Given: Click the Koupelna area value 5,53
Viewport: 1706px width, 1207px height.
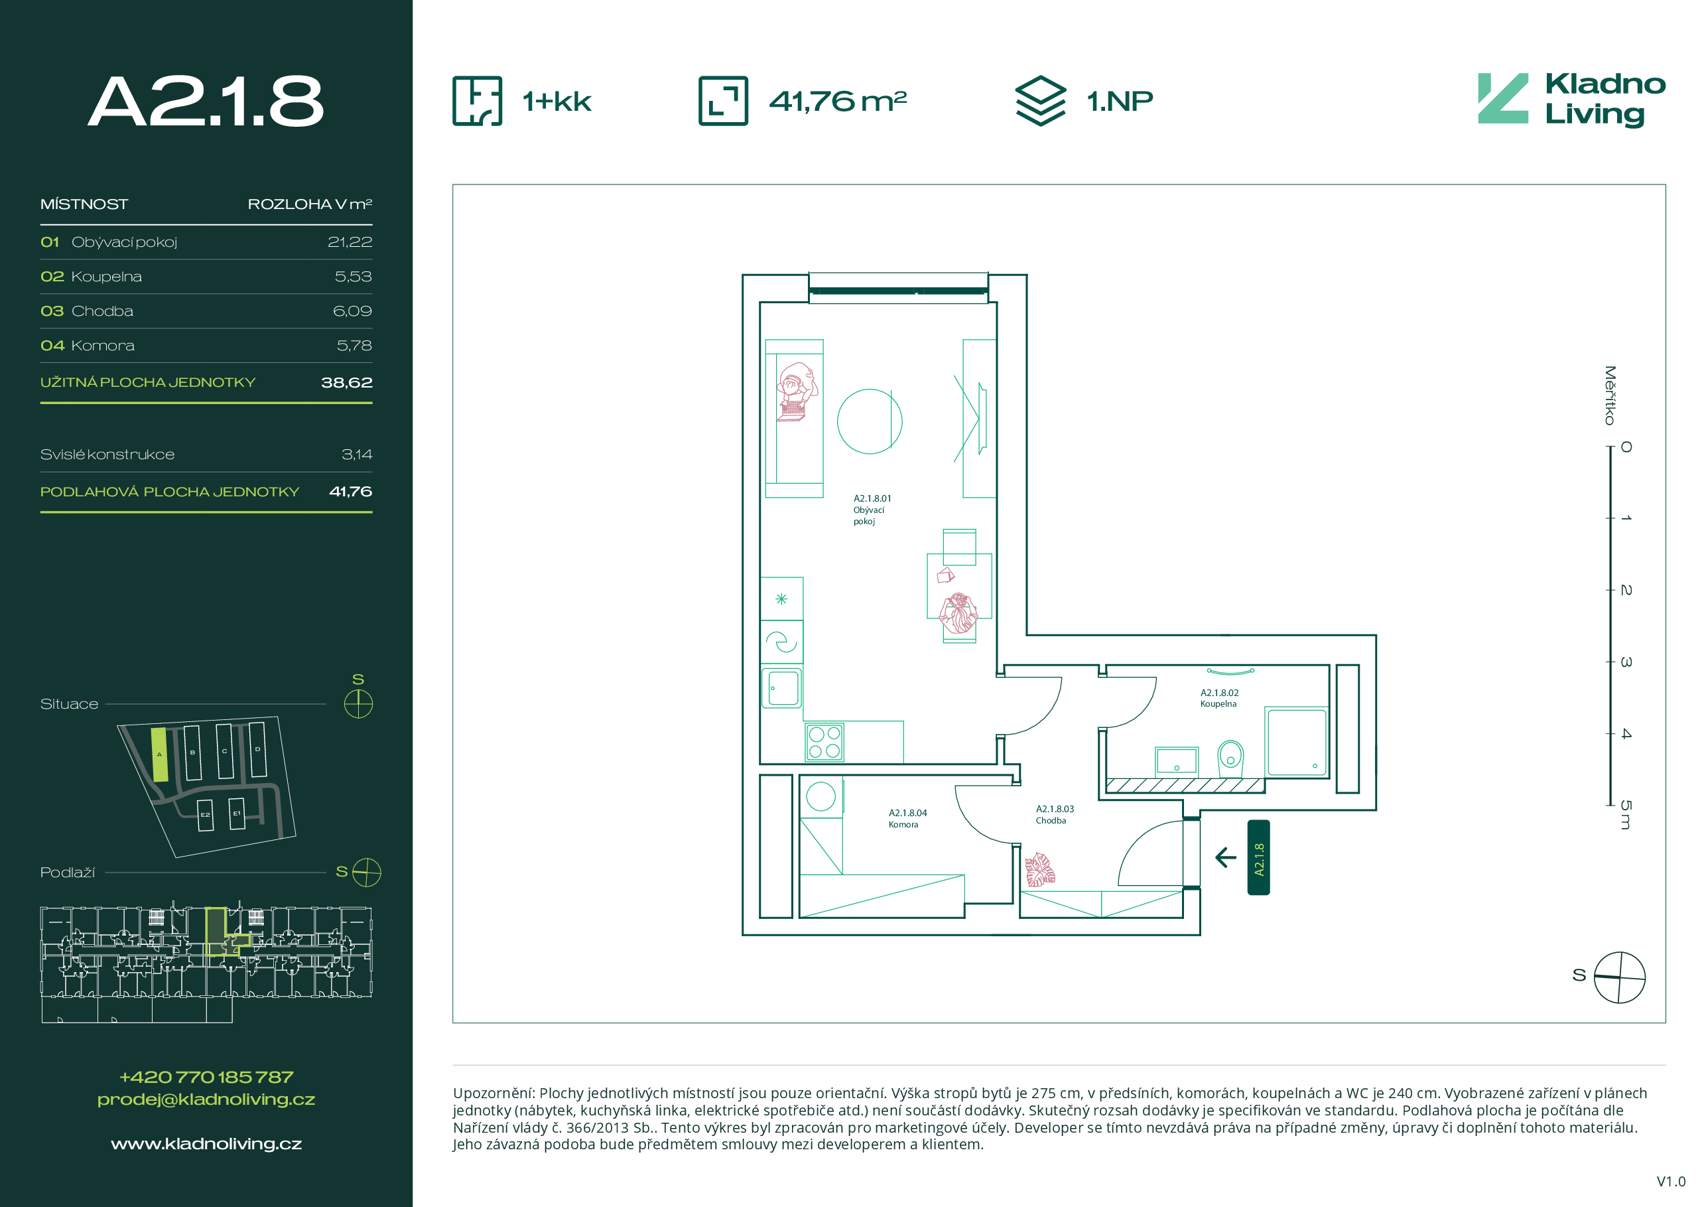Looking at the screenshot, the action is pos(353,277).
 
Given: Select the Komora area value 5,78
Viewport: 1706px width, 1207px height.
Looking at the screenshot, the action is pos(354,346).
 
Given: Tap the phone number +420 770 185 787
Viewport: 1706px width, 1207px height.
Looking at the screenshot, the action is pos(206,1077).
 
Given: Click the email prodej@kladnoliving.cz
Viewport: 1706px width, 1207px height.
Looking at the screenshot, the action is pos(206,1100).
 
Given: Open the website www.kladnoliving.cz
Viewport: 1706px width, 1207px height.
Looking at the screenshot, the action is pos(206,1144).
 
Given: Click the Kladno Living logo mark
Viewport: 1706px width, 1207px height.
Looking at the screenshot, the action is pos(1502,98).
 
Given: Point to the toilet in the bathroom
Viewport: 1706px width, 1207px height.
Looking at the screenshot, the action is pos(1230,757).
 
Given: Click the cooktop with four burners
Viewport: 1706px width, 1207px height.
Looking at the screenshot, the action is pos(824,742).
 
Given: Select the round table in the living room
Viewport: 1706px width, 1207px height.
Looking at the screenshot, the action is pos(870,421).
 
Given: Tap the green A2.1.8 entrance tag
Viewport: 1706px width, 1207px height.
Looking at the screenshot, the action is pos(1259,858).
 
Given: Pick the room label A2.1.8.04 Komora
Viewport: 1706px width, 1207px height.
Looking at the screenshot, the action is pos(907,818).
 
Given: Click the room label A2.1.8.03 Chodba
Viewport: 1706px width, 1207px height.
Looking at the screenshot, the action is pos(1055,815).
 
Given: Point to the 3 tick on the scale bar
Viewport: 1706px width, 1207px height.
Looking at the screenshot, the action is pos(1610,662).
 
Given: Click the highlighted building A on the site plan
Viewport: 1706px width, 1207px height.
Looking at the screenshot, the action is pos(159,754).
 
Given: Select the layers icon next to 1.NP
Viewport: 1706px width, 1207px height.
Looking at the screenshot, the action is pos(1040,101).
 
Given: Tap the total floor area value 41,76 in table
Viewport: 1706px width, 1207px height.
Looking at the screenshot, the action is pos(351,491).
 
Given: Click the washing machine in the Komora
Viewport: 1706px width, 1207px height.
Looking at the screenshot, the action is pos(821,797).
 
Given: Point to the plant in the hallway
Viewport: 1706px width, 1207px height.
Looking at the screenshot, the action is pos(1039,869).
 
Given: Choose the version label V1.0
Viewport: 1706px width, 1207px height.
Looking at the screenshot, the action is pos(1671,1182).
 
